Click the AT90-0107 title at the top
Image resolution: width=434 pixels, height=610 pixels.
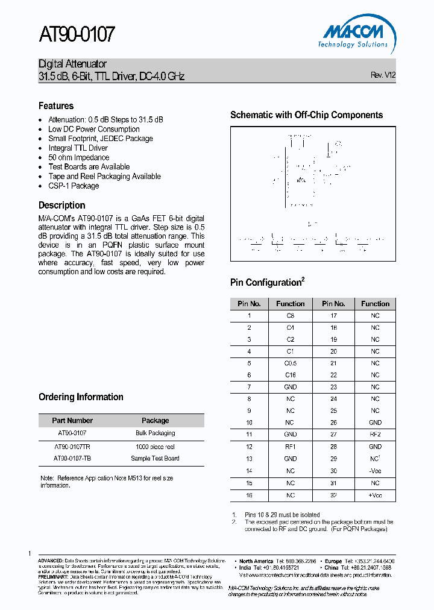(x=77, y=35)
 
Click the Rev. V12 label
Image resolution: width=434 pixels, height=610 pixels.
(x=383, y=75)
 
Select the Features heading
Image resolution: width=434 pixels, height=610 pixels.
(x=56, y=105)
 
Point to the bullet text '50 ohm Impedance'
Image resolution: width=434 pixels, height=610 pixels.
(x=79, y=157)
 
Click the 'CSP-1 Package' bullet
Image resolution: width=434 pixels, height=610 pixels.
(x=74, y=186)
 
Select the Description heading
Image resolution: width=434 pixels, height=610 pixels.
(x=61, y=205)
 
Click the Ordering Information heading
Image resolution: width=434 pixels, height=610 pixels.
(x=81, y=397)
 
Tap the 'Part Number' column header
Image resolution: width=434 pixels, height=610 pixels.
(x=72, y=421)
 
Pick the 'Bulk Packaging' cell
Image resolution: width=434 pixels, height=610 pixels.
(x=155, y=433)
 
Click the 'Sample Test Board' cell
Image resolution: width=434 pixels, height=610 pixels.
(x=155, y=458)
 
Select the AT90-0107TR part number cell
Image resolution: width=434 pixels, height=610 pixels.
(x=72, y=447)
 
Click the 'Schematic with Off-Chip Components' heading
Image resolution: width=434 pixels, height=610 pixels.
(x=306, y=115)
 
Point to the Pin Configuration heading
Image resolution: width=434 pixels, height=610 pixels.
(x=267, y=283)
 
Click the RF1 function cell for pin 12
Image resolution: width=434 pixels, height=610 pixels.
(x=290, y=447)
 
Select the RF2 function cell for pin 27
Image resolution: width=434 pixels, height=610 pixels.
(x=375, y=435)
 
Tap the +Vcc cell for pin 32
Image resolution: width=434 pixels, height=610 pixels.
(x=375, y=495)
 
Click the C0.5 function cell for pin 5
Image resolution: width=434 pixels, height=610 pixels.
(x=290, y=363)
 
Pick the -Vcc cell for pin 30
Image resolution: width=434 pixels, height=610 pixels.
(x=375, y=471)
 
